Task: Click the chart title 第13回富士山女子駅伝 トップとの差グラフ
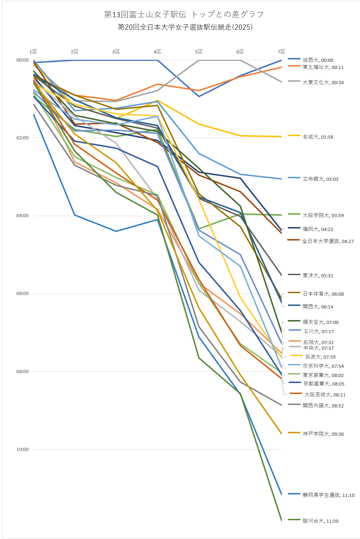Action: pyautogui.click(x=184, y=15)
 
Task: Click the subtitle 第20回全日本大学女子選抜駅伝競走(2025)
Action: pyautogui.click(x=185, y=27)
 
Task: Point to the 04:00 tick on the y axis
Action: pyautogui.click(x=23, y=216)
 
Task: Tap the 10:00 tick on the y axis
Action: pyautogui.click(x=23, y=450)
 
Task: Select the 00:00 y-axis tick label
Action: pyautogui.click(x=23, y=60)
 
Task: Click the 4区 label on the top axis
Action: pyautogui.click(x=157, y=52)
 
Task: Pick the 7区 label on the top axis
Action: pyautogui.click(x=281, y=52)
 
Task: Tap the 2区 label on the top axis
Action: pyautogui.click(x=74, y=52)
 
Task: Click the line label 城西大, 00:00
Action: pyautogui.click(x=318, y=60)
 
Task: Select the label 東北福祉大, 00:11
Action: pyautogui.click(x=323, y=67)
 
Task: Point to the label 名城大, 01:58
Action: pyautogui.click(x=318, y=137)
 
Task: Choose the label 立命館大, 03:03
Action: pyautogui.click(x=320, y=179)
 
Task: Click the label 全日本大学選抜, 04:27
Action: pyautogui.click(x=328, y=241)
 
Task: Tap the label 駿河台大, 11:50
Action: pyautogui.click(x=320, y=521)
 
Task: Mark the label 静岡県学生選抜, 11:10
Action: pyautogui.click(x=328, y=495)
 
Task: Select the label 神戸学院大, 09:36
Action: pyautogui.click(x=323, y=434)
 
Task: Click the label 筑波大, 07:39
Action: pyautogui.click(x=320, y=357)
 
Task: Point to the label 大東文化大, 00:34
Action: pyautogui.click(x=323, y=82)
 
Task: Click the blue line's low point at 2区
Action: pyautogui.click(x=75, y=215)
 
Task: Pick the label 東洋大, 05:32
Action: pyautogui.click(x=318, y=276)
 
